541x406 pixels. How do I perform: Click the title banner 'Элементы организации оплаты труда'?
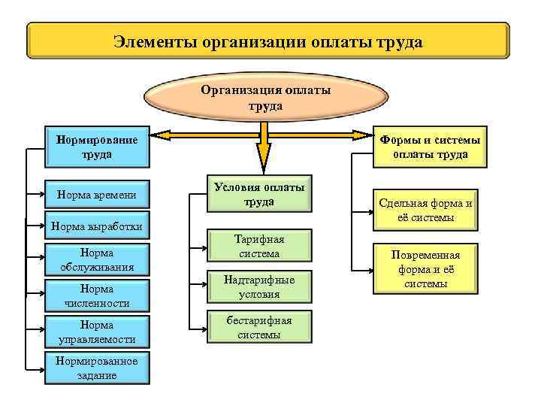268,41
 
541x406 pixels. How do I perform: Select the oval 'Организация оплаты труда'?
264,98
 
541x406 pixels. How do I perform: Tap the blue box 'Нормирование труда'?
97,147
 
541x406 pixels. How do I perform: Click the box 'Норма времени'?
97,195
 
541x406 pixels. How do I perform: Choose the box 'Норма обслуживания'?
97,259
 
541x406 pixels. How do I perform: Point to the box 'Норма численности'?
97,295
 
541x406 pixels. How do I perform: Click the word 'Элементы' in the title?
155,41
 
